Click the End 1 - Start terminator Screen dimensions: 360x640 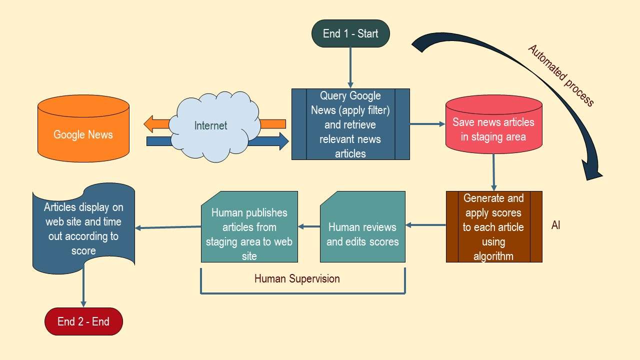tap(350, 33)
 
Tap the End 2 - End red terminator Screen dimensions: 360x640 tap(83, 321)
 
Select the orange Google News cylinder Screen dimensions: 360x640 tap(83, 133)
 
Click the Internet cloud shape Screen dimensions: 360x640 tap(211, 125)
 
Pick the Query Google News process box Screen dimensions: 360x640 tap(350, 124)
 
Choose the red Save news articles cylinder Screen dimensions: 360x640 tap(493, 128)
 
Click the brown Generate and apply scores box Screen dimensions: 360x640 tap(493, 226)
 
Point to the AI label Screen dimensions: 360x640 tap(555, 225)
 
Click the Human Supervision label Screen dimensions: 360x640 tap(297, 278)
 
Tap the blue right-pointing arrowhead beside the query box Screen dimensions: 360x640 tap(282, 141)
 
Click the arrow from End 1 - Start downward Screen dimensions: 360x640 tap(350, 68)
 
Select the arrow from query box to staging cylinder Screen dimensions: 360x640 tap(427, 124)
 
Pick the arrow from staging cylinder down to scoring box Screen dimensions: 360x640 tap(493, 172)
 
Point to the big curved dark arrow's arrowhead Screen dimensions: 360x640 tap(592, 169)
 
